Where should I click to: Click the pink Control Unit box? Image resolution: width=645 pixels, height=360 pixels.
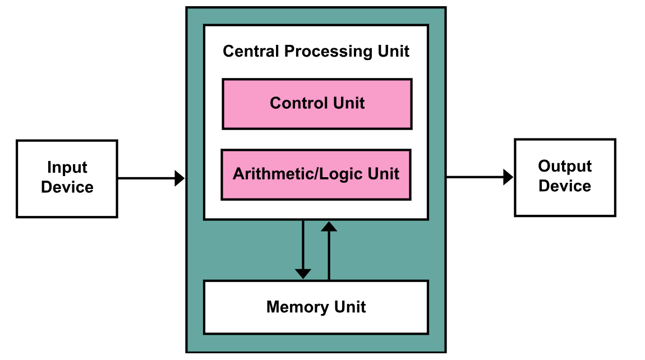click(x=317, y=104)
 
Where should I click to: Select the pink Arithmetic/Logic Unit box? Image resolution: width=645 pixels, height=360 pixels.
click(x=316, y=175)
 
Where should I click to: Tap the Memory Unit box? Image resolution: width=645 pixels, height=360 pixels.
click(x=316, y=307)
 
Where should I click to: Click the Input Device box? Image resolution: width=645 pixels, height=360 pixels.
click(x=67, y=178)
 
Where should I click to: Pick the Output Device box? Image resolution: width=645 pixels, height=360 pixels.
click(x=565, y=177)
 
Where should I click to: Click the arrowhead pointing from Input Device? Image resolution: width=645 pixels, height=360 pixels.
click(x=180, y=178)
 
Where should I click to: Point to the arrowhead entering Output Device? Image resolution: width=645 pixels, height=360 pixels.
click(x=509, y=177)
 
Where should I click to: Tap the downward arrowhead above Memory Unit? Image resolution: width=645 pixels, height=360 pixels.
click(x=303, y=274)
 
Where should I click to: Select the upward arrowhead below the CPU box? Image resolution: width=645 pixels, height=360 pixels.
click(x=329, y=227)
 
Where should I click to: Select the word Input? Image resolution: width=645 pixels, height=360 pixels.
click(x=67, y=168)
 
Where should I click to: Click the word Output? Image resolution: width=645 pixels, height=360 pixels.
click(x=565, y=167)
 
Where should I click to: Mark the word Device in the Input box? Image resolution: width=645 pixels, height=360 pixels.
click(x=67, y=187)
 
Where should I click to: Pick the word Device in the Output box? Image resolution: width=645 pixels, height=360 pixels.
click(x=565, y=186)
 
